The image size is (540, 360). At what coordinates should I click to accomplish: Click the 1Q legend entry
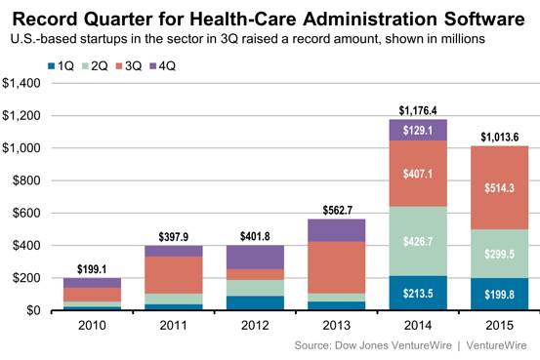coord(61,65)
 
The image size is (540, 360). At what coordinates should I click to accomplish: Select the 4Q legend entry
coord(162,65)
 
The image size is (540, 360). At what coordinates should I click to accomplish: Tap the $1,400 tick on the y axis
coord(21,83)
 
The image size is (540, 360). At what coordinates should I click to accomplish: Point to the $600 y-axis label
coord(26,213)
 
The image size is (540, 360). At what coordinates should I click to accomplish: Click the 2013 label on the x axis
coord(337,325)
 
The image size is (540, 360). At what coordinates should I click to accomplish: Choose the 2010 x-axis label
coord(92,325)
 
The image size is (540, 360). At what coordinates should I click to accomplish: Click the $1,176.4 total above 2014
coord(418,110)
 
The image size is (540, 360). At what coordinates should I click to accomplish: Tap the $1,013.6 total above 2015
coord(499,138)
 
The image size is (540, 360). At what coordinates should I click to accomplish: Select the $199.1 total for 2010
coord(92,269)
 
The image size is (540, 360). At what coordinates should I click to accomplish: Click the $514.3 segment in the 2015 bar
coord(499,188)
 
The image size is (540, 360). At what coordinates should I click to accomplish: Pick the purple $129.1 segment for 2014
coord(418,130)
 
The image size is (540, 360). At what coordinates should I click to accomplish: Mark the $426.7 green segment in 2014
coord(418,241)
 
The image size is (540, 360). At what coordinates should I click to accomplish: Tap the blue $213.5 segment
coord(418,293)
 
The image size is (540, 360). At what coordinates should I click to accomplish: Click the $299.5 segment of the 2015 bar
coord(499,254)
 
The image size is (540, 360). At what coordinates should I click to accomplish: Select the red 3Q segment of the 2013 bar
coord(337,267)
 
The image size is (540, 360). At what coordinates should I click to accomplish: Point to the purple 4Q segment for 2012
coord(255,258)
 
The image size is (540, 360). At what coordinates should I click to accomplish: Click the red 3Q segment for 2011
coord(174,275)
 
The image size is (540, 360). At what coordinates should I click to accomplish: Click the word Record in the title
coord(46,19)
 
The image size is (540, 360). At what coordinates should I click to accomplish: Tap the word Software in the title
coord(484,19)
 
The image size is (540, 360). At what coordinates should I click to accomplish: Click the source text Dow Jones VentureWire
coord(394,345)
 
